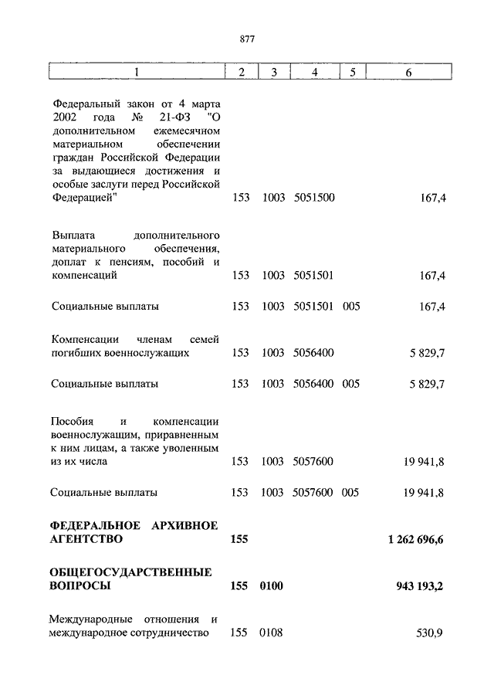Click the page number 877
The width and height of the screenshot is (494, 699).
coord(247,39)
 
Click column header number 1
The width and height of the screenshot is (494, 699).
coord(137,72)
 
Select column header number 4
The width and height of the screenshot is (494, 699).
coord(313,72)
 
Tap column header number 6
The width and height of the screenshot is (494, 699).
coord(408,72)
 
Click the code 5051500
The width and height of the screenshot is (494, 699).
coord(314,199)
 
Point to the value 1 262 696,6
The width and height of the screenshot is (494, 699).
coord(416,539)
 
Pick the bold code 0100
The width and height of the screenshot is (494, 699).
coord(272,586)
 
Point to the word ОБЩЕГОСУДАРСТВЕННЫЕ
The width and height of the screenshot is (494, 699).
coord(130,572)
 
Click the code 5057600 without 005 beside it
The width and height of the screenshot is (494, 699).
coord(314,462)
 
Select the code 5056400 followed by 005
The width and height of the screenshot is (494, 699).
coord(314,383)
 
